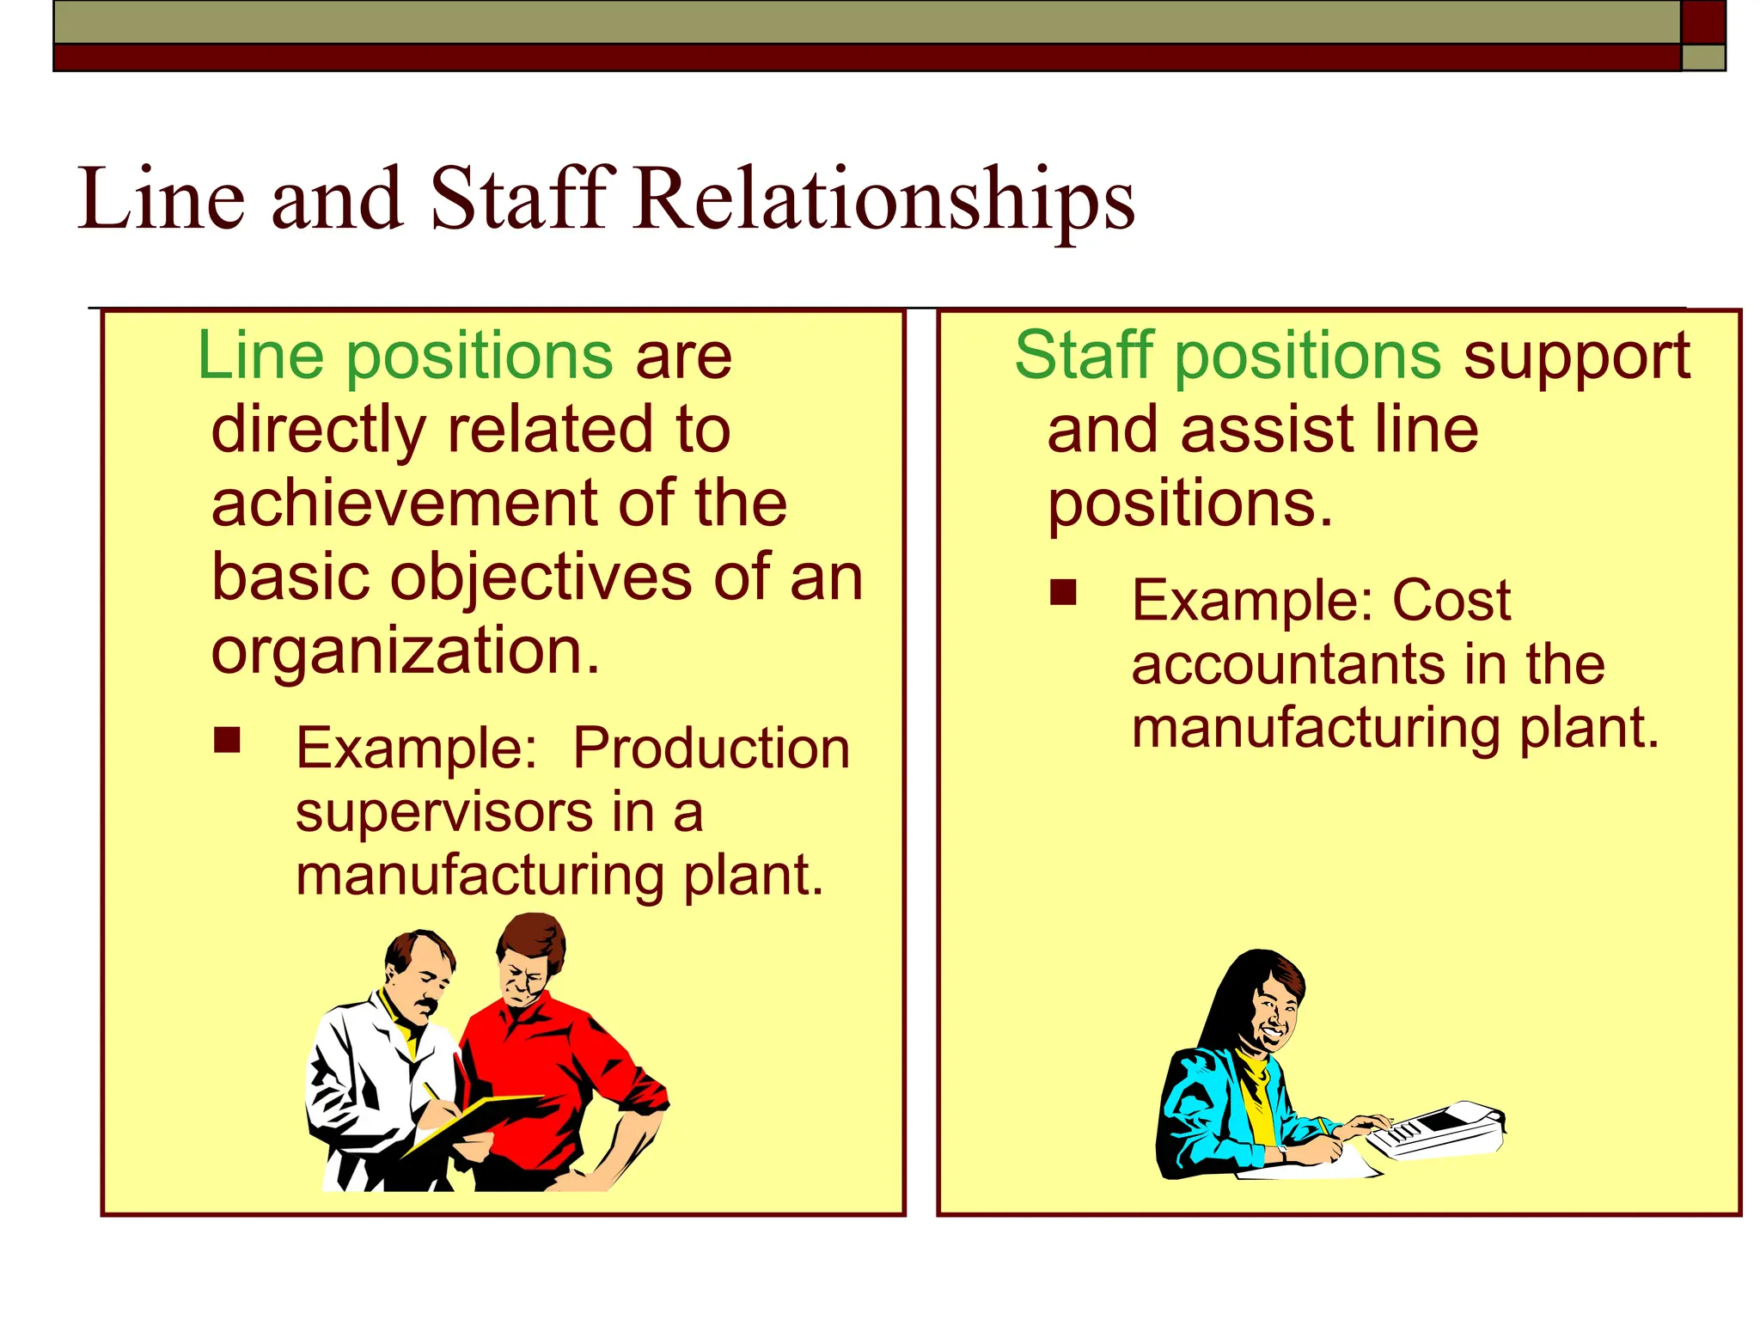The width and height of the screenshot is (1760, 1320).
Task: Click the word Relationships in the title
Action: point(885,200)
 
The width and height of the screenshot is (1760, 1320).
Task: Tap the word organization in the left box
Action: point(404,651)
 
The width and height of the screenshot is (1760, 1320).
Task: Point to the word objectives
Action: point(541,577)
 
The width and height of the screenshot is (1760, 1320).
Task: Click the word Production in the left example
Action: point(711,749)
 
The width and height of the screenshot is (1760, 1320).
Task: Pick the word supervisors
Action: point(443,813)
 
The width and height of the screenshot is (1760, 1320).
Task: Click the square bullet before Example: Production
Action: point(227,740)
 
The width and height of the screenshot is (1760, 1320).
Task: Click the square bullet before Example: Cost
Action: point(1063,592)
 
